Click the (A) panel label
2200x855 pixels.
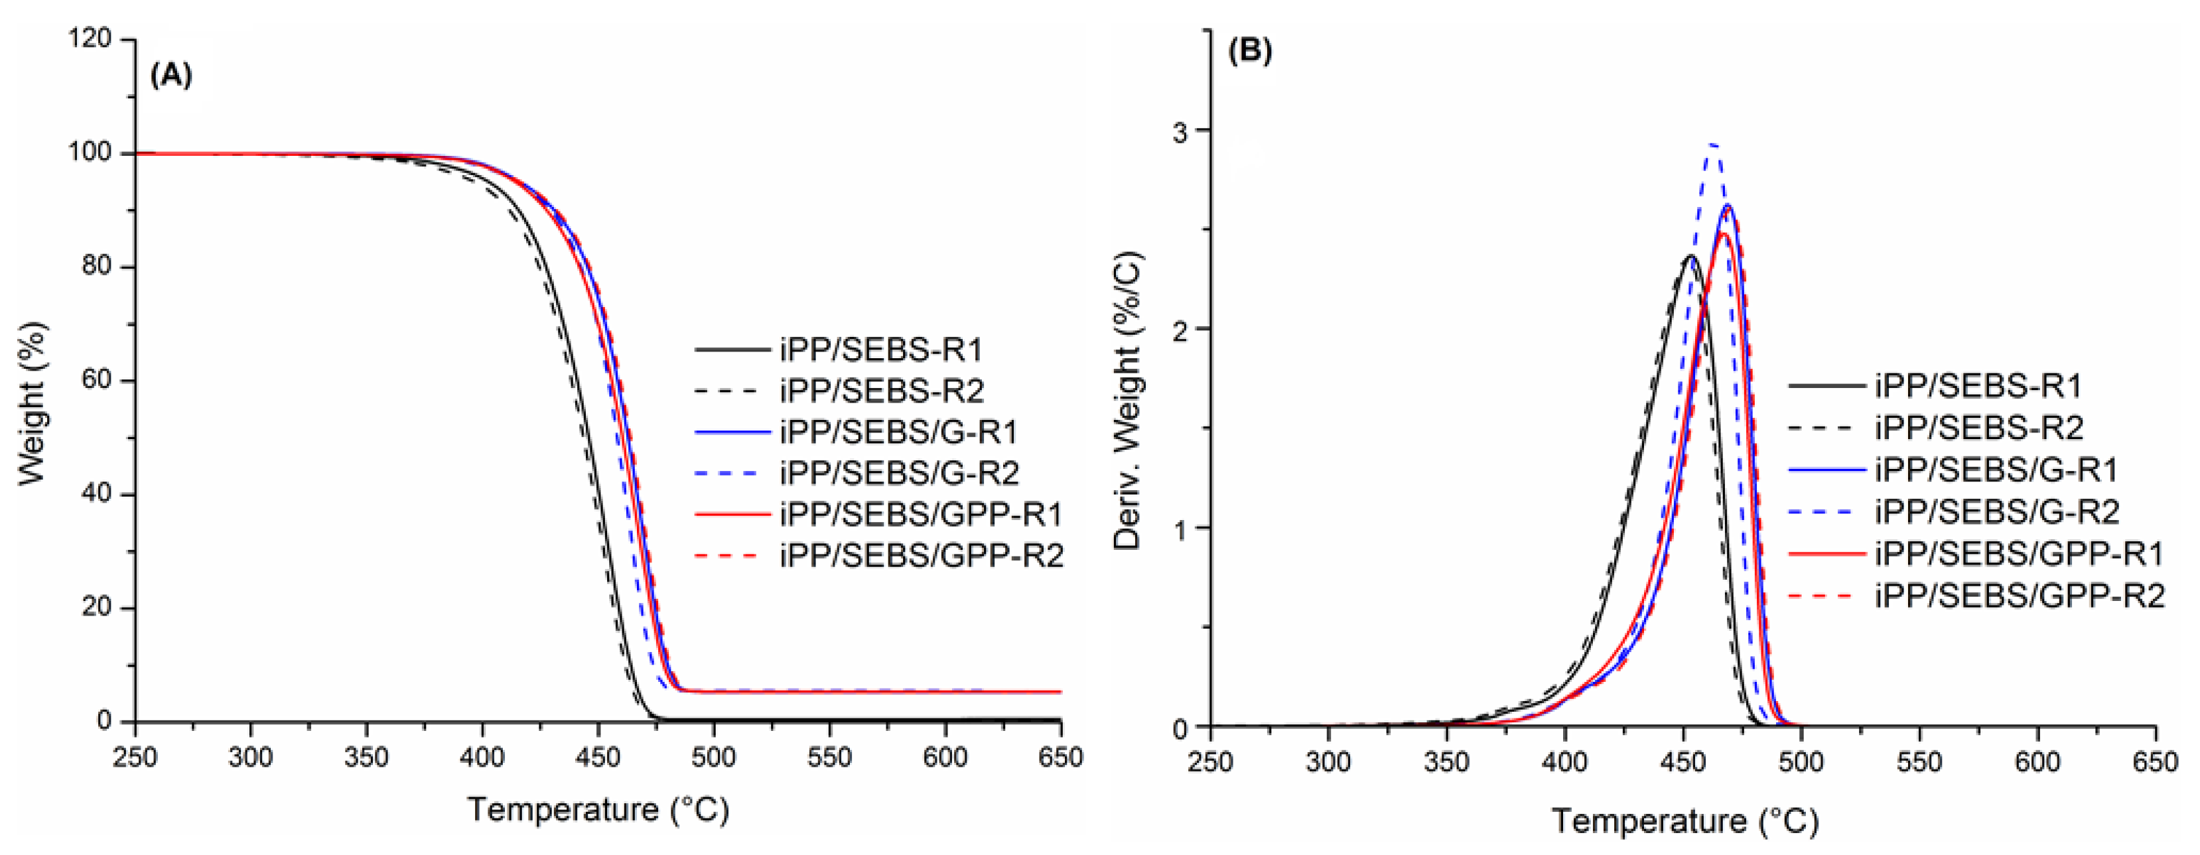171,76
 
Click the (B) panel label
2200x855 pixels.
1249,52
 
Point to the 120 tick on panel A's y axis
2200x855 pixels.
92,39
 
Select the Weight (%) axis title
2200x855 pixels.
33,403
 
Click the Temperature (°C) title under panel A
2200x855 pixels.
598,808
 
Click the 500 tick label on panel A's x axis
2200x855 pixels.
713,757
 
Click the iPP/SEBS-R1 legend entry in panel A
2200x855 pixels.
880,350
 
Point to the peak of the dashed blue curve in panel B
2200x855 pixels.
1712,145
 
